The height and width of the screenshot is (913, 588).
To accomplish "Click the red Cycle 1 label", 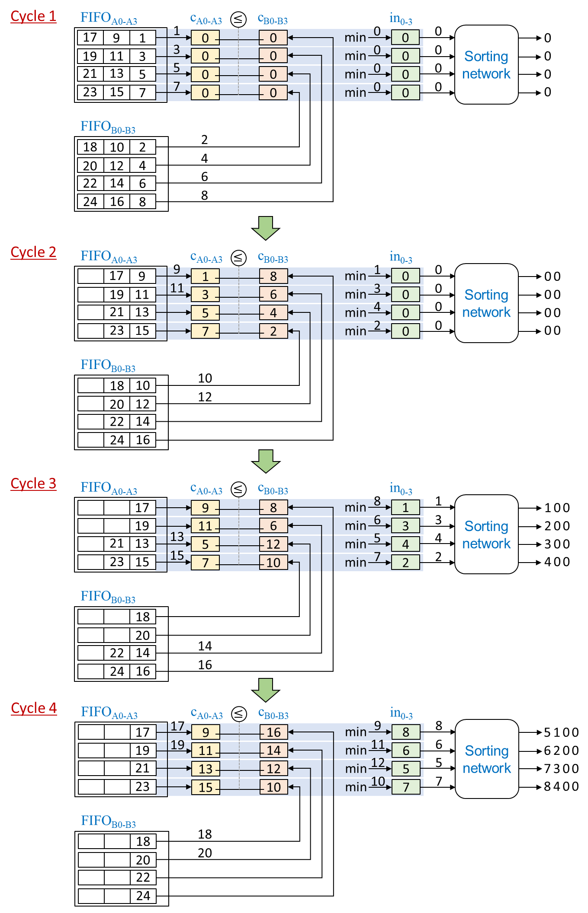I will (x=33, y=16).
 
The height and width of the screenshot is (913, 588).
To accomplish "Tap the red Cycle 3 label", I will (x=33, y=484).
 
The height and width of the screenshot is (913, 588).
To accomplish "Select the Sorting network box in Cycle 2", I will (x=486, y=303).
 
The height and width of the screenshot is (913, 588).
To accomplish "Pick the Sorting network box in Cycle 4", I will (x=487, y=759).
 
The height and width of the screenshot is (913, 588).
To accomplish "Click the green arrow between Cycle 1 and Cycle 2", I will (x=266, y=228).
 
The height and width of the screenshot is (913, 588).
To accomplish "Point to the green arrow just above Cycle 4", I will (x=266, y=690).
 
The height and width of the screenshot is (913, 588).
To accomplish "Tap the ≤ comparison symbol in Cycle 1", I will (x=238, y=19).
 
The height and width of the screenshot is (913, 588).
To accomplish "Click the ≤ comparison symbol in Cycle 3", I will (x=238, y=489).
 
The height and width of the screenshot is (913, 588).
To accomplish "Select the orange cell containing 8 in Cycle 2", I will (x=273, y=276).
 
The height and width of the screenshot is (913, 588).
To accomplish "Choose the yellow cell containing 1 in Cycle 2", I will (x=205, y=276).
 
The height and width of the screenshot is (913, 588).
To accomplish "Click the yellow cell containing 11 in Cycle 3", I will (x=205, y=526).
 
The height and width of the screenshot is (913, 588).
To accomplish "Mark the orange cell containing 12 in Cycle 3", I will (x=273, y=544).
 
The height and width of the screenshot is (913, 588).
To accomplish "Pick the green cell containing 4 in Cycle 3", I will (x=405, y=544).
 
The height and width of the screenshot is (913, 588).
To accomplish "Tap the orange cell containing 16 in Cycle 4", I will (x=274, y=732).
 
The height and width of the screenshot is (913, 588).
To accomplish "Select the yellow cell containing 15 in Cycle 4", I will (x=206, y=787).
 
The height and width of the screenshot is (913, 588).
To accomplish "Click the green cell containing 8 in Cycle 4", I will (x=406, y=732).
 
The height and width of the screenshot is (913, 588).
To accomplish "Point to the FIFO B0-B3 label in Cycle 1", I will (x=108, y=127).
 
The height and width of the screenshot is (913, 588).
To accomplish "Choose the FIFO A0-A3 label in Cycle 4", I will (x=109, y=713).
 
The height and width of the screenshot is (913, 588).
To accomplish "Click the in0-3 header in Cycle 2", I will (x=401, y=257).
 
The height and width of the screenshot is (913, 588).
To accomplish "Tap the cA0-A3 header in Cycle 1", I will (x=206, y=19).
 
